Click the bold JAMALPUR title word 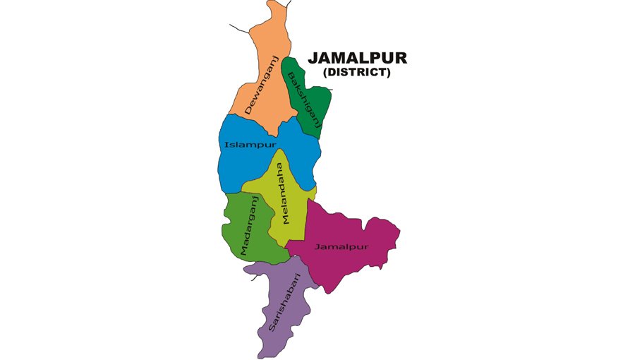[x=357, y=58]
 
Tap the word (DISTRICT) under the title [x=357, y=72]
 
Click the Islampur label [x=250, y=145]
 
